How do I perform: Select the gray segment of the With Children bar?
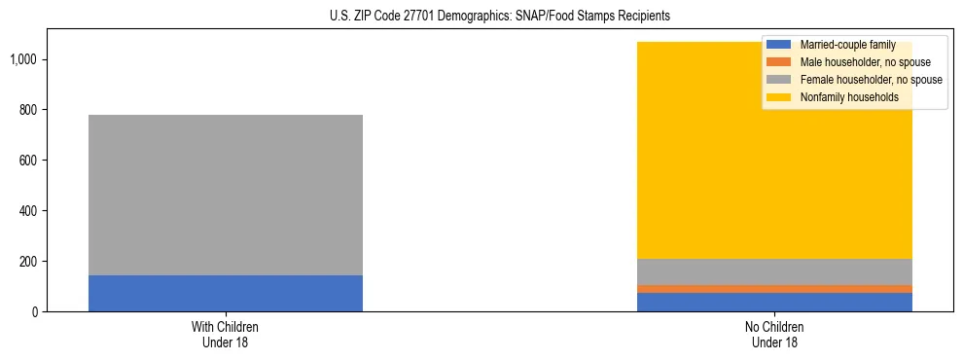[x=226, y=195]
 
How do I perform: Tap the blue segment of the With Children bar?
[x=226, y=293]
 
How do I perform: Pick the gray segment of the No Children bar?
[x=775, y=271]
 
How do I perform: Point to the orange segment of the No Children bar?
[x=775, y=288]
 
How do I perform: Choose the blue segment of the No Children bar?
[x=775, y=302]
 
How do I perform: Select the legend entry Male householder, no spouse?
[x=847, y=62]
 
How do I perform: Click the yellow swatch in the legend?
[x=779, y=97]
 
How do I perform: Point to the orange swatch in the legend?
[x=779, y=62]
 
